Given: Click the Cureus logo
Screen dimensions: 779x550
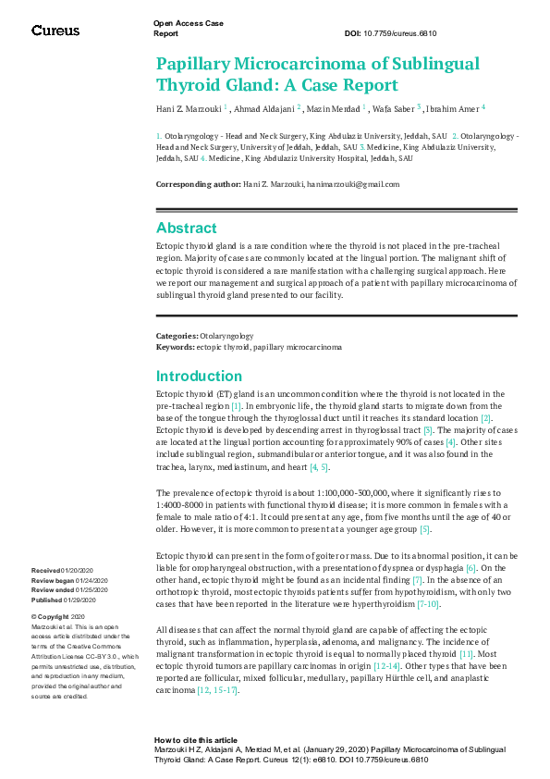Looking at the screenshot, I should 55,31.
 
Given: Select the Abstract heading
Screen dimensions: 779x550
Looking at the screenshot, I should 187,228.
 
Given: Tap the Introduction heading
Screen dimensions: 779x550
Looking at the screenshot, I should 199,376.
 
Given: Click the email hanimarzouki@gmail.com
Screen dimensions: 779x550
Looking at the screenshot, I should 354,184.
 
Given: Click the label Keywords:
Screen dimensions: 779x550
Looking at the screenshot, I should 175,346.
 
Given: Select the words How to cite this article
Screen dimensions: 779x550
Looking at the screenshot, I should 196,741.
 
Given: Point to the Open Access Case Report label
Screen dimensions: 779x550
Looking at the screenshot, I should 189,28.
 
